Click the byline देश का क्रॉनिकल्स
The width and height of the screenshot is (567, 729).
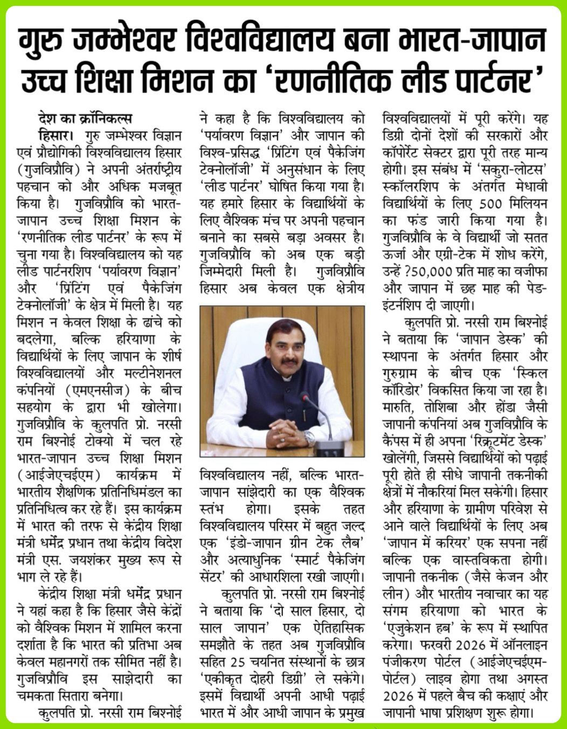[85, 119]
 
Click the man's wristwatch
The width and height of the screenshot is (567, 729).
[309, 437]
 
